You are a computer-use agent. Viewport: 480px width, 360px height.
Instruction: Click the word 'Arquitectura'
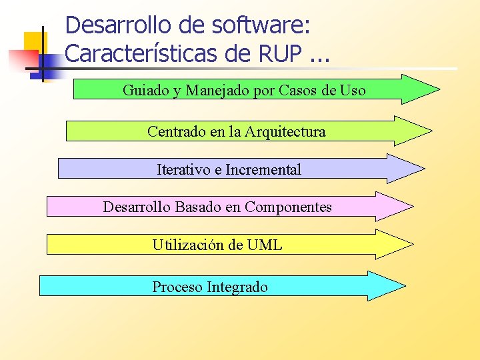click(285, 131)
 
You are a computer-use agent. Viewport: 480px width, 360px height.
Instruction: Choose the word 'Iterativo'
click(183, 169)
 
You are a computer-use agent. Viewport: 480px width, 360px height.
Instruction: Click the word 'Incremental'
click(263, 169)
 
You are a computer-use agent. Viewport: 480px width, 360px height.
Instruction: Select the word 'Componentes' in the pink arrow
click(288, 207)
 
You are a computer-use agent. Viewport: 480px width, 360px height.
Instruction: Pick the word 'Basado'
click(198, 207)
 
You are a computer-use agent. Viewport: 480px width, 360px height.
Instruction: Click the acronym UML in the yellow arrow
click(264, 245)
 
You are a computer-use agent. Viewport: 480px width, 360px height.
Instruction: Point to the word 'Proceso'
click(177, 287)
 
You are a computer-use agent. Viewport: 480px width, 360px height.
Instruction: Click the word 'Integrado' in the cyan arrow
click(237, 287)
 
